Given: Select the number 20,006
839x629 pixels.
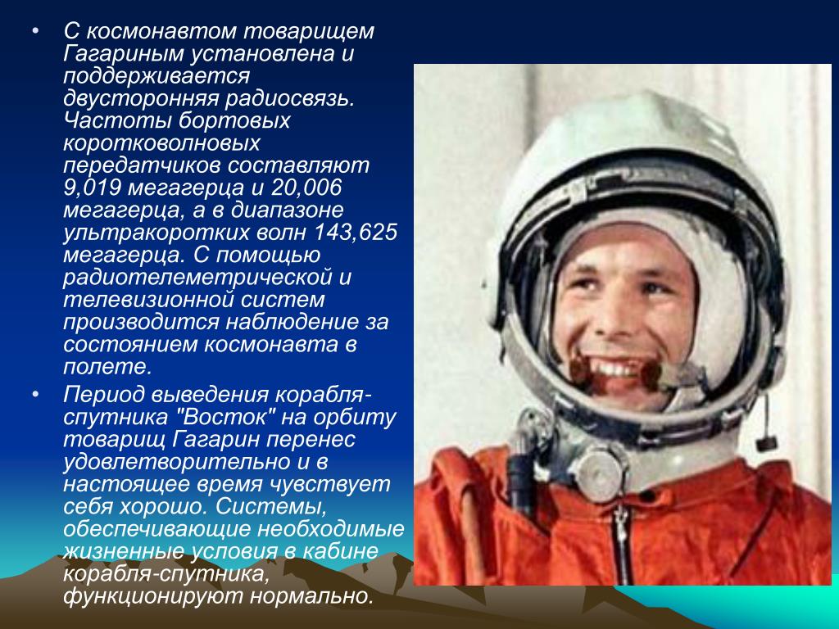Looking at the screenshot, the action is pos(306,188).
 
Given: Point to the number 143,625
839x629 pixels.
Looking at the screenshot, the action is pos(356,233).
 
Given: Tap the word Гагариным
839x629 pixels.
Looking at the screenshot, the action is pos(125,54).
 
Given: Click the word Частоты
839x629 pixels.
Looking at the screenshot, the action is pos(117,120).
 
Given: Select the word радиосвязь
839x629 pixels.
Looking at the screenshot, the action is pos(289,98).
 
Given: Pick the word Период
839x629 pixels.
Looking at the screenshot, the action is pos(104,396).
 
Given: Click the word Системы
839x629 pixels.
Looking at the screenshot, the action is pos(271,506).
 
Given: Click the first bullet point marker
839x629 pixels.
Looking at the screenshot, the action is pos(35,31).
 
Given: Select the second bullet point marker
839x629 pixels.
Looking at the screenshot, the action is pos(35,396).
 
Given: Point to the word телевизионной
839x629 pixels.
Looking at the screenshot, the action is pos(148,300).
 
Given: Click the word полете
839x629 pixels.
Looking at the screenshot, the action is pos(107,367).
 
